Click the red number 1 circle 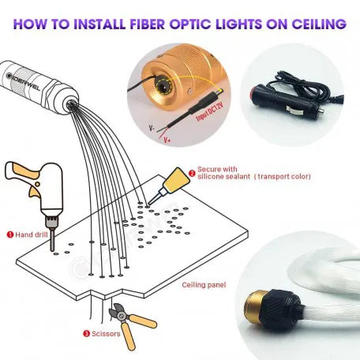click(x=9, y=234)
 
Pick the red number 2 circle click(x=192, y=169)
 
